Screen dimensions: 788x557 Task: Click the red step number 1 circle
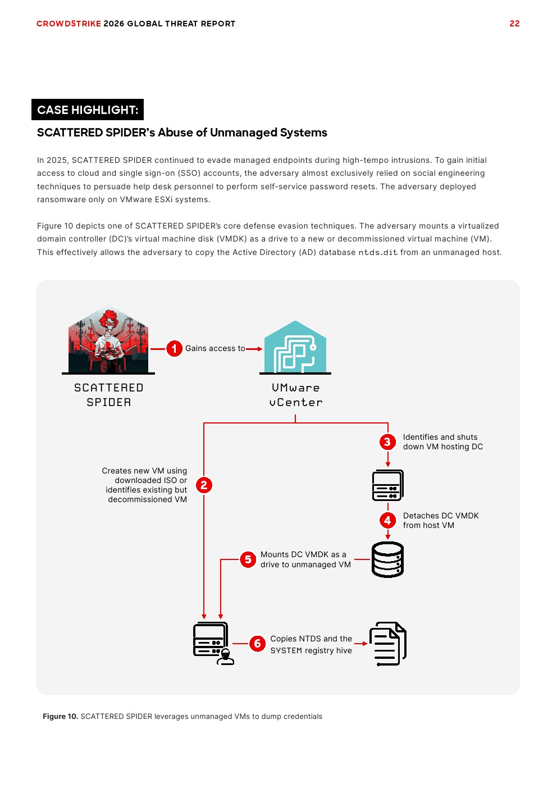(x=174, y=349)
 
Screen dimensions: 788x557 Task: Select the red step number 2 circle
(x=204, y=485)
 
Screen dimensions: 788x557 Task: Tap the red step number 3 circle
(x=387, y=442)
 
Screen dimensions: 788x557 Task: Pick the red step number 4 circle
(x=387, y=521)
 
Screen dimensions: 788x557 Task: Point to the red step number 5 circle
(x=248, y=559)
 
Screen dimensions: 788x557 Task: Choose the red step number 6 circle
(x=257, y=644)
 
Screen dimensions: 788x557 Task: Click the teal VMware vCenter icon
(x=295, y=347)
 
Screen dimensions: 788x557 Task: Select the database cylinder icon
(x=387, y=559)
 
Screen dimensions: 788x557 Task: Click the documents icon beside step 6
(x=387, y=644)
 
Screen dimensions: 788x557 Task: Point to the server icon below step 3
(x=387, y=485)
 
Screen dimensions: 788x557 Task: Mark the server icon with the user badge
(x=212, y=643)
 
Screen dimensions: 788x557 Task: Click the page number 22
(x=514, y=24)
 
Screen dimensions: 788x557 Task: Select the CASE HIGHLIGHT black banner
(x=88, y=110)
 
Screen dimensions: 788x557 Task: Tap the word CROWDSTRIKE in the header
(x=69, y=24)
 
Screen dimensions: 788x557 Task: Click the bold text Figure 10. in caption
(x=60, y=717)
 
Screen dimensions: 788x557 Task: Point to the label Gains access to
(x=215, y=349)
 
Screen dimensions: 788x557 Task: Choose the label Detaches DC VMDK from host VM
(x=440, y=521)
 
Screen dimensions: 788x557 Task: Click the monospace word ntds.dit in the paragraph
(x=378, y=253)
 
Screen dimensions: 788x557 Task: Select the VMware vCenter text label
(x=296, y=395)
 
